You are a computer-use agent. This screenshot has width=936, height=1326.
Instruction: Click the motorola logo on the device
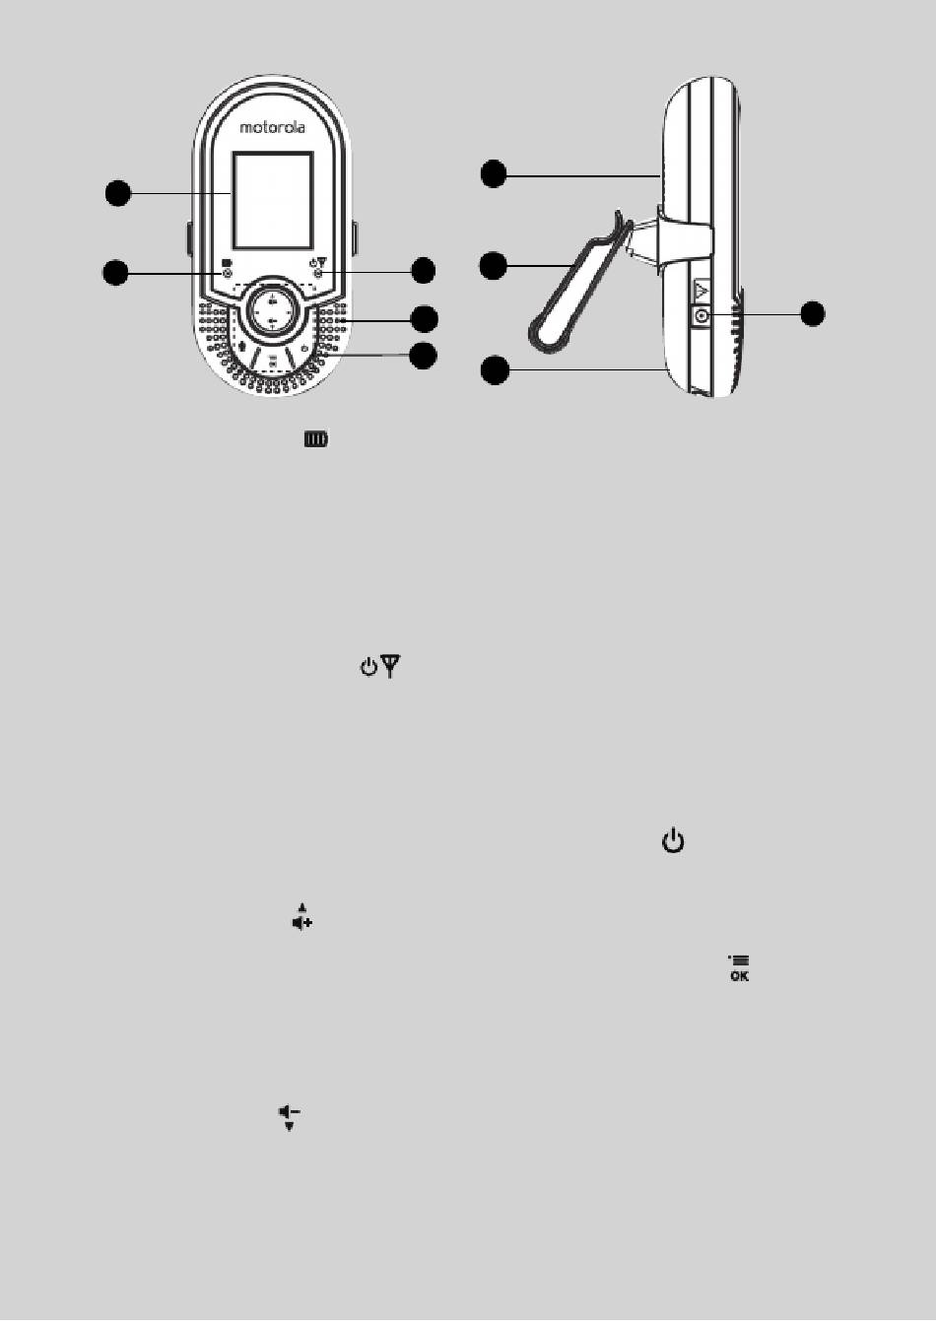273,127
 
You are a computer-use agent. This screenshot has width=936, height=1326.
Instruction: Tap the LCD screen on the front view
273,200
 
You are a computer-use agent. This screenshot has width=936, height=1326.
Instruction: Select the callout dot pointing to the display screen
117,193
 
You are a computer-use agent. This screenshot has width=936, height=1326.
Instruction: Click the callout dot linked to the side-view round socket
812,313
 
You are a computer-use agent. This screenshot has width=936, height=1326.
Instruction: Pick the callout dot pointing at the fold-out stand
494,265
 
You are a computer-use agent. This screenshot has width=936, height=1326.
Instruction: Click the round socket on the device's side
702,316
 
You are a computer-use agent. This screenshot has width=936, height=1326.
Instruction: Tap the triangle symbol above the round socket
702,291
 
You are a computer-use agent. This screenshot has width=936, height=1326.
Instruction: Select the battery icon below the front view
316,439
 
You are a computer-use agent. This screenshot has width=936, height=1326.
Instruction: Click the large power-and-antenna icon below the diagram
379,668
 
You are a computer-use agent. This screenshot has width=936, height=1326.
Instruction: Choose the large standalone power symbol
673,841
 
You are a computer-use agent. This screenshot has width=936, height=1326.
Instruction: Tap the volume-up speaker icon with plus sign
301,918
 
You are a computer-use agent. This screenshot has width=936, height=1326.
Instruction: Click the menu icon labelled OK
739,968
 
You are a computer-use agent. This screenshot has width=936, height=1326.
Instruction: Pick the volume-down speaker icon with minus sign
289,1116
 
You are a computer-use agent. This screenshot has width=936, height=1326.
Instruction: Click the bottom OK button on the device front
272,360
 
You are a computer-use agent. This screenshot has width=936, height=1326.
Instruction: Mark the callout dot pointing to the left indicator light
116,272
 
